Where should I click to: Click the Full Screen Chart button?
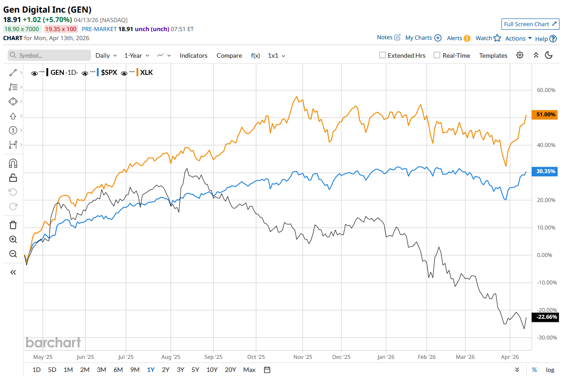pyautogui.click(x=530, y=24)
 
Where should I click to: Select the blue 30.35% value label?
pyautogui.click(x=546, y=171)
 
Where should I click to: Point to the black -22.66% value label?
pyautogui.click(x=546, y=317)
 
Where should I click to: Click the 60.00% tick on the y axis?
pyautogui.click(x=546, y=90)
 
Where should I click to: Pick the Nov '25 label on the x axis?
pyautogui.click(x=303, y=357)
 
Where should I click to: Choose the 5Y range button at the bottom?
pyautogui.click(x=195, y=370)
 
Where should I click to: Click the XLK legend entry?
pyautogui.click(x=146, y=72)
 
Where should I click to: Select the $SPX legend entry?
pyautogui.click(x=109, y=72)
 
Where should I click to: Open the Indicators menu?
pyautogui.click(x=193, y=55)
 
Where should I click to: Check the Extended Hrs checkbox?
pyautogui.click(x=382, y=55)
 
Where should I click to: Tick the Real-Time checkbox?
pyautogui.click(x=437, y=55)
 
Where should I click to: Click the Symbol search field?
pyautogui.click(x=50, y=55)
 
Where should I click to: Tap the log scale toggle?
pyautogui.click(x=550, y=370)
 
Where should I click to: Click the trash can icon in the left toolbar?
pyautogui.click(x=13, y=225)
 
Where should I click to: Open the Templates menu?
pyautogui.click(x=493, y=55)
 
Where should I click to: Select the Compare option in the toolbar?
pyautogui.click(x=229, y=55)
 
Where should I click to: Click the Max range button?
pyautogui.click(x=249, y=370)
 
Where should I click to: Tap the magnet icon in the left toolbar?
pyautogui.click(x=13, y=163)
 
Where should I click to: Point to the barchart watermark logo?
pyautogui.click(x=53, y=343)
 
